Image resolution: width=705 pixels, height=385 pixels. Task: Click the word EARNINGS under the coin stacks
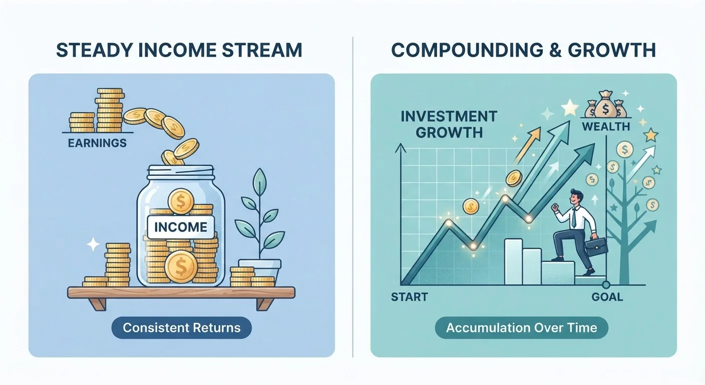tap(97, 143)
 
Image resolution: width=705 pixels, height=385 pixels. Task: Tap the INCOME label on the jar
tap(181, 227)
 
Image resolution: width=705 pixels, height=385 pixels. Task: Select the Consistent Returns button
tap(182, 328)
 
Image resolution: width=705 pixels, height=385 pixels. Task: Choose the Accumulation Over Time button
tap(522, 328)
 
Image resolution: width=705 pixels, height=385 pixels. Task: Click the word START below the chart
tap(410, 297)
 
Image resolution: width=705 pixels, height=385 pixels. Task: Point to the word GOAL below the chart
tap(607, 297)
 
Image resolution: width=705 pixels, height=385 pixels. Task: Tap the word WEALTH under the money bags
tap(606, 126)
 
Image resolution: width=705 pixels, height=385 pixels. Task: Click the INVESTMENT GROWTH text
tap(449, 124)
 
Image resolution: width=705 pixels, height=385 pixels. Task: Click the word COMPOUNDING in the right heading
tap(467, 50)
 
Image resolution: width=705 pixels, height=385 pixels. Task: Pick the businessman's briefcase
tap(596, 247)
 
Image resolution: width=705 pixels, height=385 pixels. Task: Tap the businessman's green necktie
tap(574, 218)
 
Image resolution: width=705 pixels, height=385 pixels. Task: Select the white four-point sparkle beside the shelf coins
tap(93, 244)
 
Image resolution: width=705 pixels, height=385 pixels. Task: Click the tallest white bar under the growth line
tap(513, 262)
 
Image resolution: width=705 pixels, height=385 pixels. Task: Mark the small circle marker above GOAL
tap(606, 285)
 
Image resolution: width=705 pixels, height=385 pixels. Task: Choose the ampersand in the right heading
tap(556, 50)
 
